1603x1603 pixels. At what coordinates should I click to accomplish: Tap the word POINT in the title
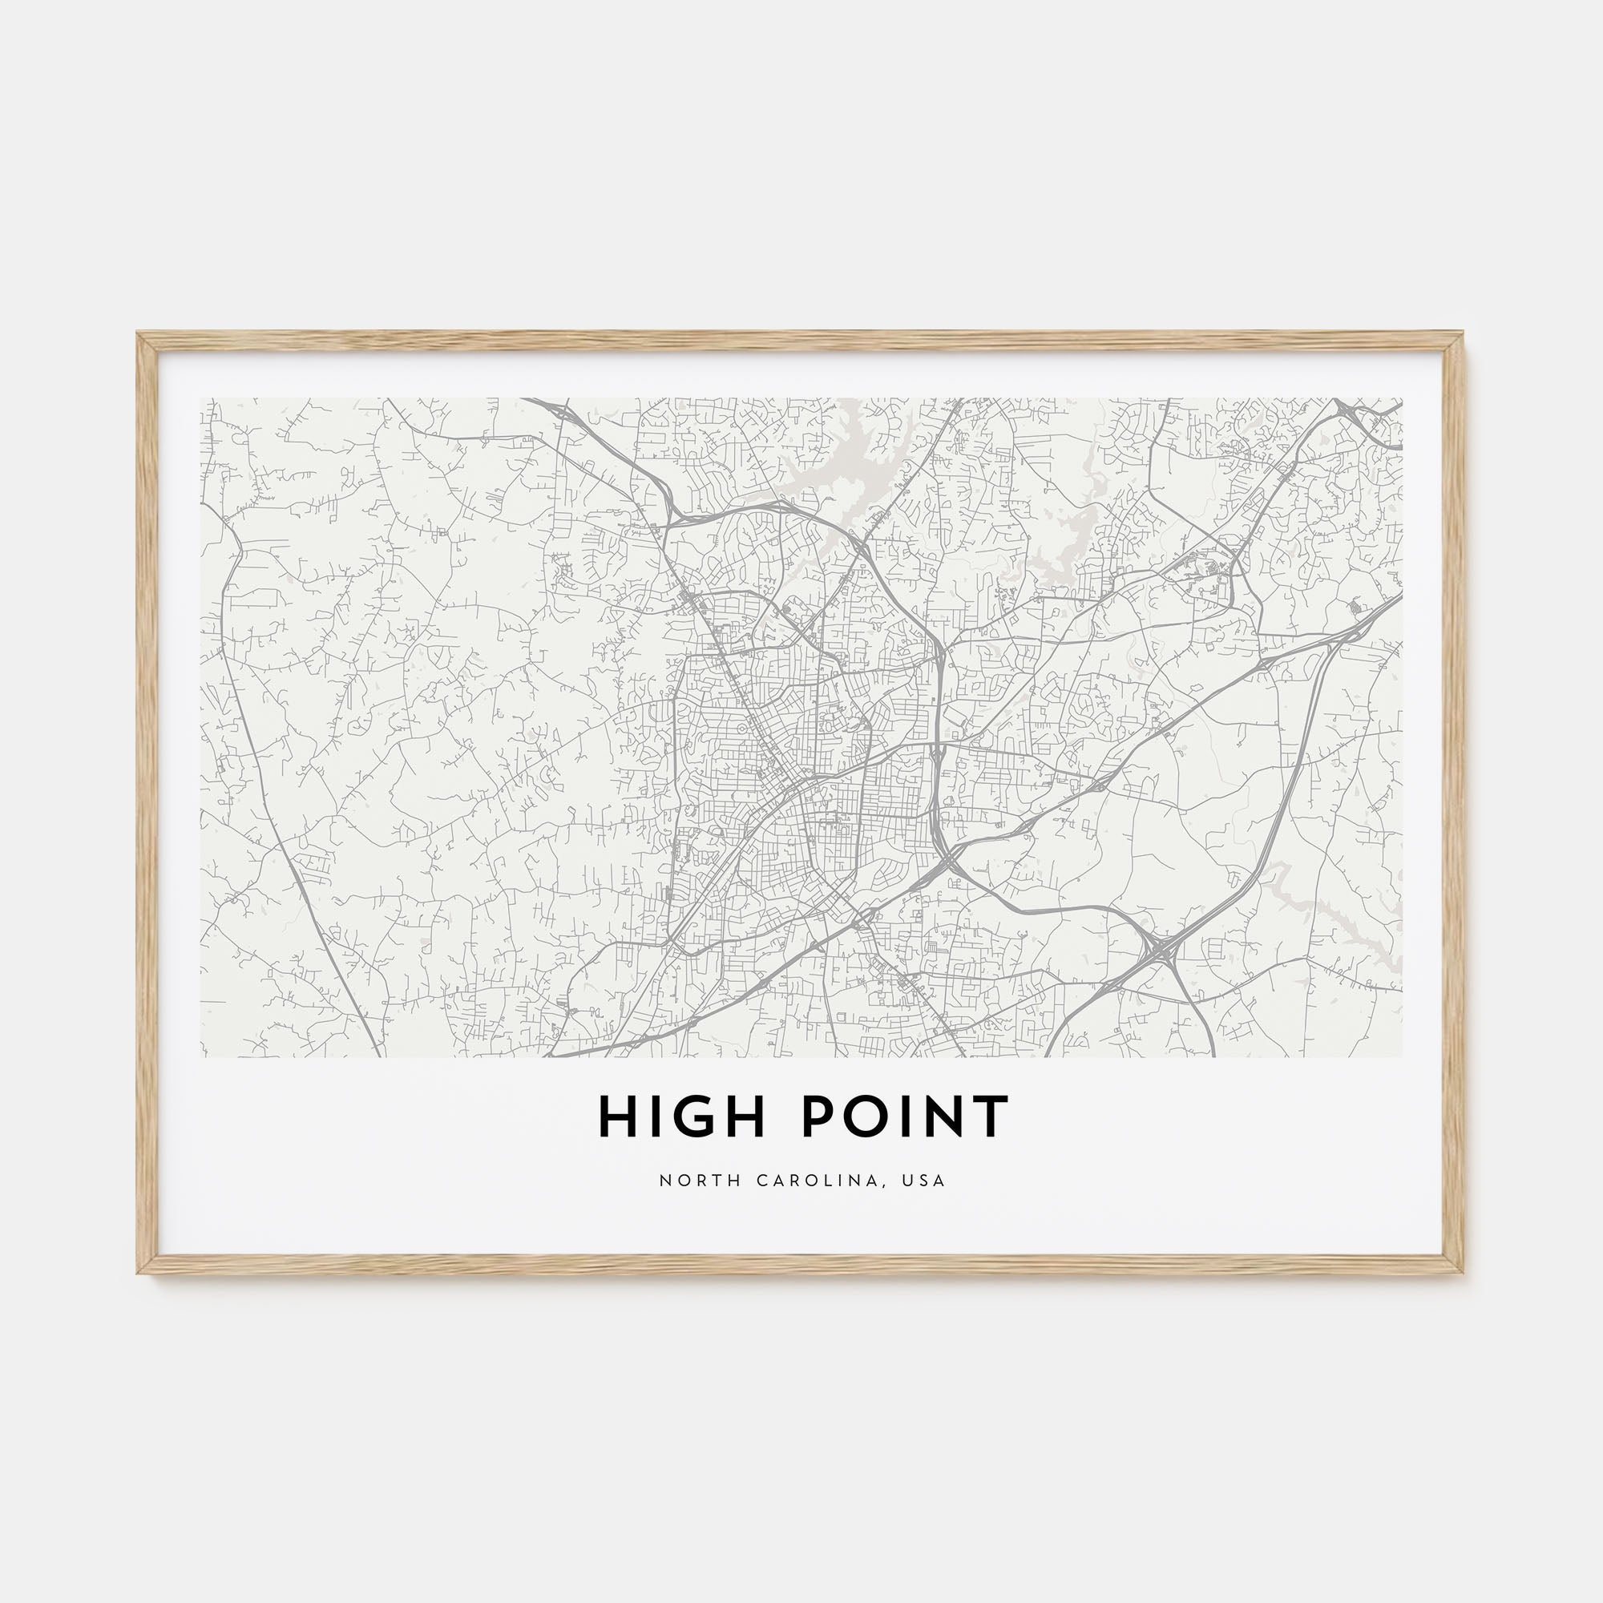click(904, 1116)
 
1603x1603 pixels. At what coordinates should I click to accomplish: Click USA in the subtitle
click(927, 1181)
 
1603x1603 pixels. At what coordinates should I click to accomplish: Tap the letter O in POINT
click(857, 1116)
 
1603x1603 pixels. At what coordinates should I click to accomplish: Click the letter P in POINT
click(816, 1116)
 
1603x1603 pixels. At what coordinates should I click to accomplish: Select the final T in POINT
click(991, 1116)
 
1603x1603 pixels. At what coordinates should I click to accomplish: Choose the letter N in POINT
click(947, 1116)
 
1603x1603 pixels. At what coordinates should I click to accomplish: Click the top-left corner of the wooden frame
click(139, 334)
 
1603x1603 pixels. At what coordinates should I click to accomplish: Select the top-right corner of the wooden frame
click(1464, 334)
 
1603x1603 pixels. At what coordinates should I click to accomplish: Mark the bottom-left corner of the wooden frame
click(139, 1272)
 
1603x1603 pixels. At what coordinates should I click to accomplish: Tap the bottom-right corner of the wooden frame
click(1464, 1272)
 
